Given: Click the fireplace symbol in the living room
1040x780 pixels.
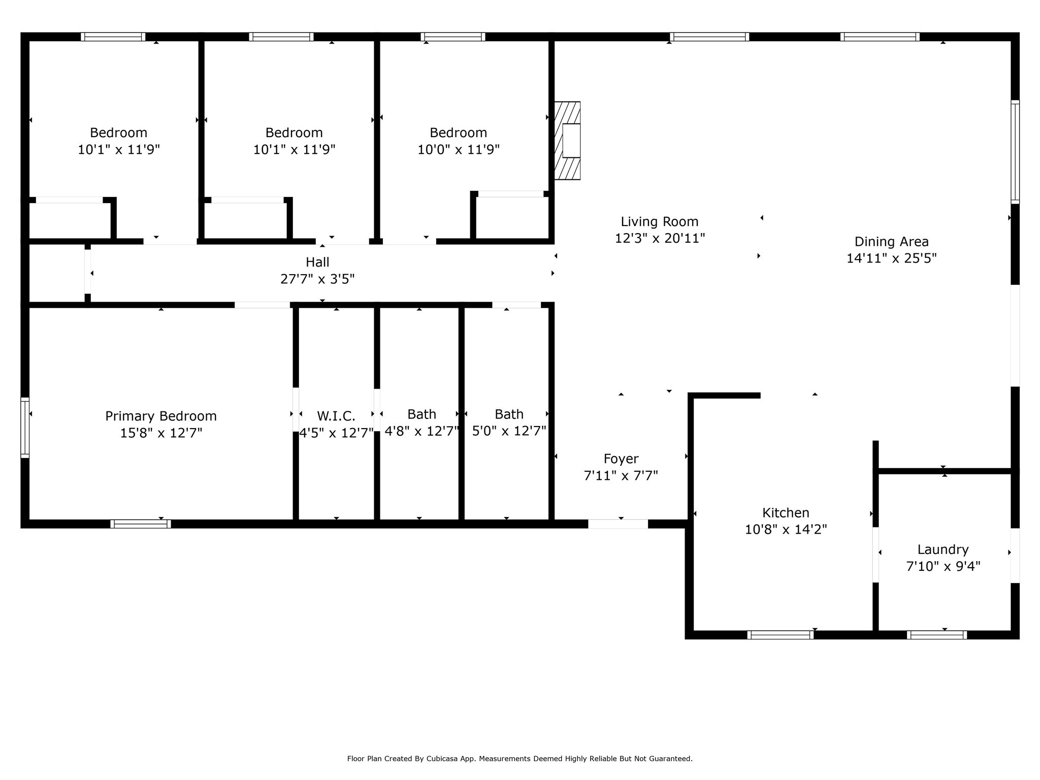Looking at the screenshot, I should tap(567, 141).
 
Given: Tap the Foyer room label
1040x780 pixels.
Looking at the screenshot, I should tap(621, 459).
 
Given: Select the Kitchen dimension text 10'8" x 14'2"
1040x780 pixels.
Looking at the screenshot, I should tap(786, 530).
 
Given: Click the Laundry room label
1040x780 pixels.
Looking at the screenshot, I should tap(943, 549).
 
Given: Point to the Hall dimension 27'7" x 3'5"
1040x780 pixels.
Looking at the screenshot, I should tap(317, 279).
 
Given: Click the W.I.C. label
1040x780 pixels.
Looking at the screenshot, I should tap(336, 416).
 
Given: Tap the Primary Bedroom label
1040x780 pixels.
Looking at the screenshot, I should tap(161, 416).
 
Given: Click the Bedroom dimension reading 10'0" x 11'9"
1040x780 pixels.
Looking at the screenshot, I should tap(458, 150).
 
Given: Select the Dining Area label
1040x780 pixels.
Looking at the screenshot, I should tap(891, 242).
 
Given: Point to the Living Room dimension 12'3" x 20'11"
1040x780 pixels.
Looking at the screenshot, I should tap(660, 238).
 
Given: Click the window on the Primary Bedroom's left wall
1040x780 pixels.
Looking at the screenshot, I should tap(24, 428).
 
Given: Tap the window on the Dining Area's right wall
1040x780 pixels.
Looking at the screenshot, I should tap(1015, 152).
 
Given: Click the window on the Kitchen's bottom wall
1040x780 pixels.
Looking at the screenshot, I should tap(780, 635).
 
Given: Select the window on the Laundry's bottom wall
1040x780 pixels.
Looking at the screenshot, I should tap(936, 635).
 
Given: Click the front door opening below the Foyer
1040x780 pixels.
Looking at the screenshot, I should tap(618, 524).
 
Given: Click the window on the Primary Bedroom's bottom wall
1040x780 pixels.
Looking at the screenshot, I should tap(141, 524).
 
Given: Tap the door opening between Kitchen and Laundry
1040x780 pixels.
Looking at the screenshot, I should tap(875, 555).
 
